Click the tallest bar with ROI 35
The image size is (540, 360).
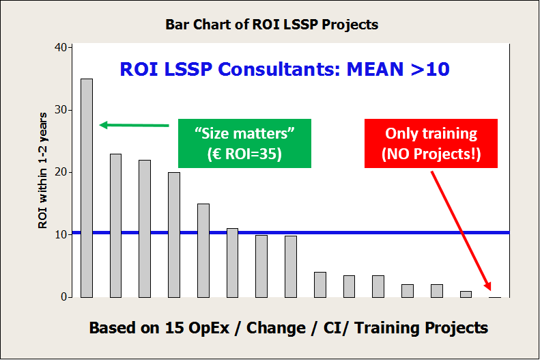87,188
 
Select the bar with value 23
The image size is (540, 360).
116,225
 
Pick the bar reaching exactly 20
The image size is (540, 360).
174,235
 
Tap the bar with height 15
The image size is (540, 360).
203,251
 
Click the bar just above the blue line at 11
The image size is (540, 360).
233,263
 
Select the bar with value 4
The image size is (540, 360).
320,285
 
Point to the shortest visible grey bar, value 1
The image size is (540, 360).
466,294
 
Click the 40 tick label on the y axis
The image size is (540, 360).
61,47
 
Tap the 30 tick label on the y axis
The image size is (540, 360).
61,110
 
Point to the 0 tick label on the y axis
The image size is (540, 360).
63,297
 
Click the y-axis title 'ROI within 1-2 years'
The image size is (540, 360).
43,171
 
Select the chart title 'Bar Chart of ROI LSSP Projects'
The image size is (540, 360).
272,25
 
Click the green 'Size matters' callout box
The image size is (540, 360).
244,143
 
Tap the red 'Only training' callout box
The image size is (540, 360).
431,143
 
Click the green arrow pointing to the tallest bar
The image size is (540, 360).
134,125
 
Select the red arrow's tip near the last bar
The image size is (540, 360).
490,290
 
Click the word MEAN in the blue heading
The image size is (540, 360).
375,69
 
